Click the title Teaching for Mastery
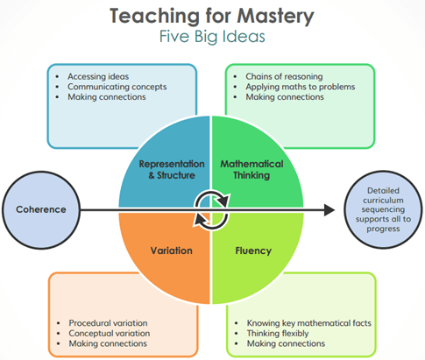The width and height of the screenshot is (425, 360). tap(212, 17)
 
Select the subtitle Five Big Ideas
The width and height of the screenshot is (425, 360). tap(212, 37)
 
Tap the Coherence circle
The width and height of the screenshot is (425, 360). tap(41, 210)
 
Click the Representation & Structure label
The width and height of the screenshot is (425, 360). tap(172, 170)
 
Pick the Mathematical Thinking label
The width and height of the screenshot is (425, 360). tap(251, 170)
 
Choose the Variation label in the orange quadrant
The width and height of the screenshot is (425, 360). tap(172, 251)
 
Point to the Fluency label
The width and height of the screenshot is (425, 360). tap(253, 251)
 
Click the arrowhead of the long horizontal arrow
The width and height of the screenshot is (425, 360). tap(329, 210)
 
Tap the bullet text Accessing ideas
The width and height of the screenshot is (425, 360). tap(98, 76)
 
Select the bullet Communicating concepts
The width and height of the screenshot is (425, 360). tap(117, 87)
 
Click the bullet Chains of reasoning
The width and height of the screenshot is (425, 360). tap(284, 76)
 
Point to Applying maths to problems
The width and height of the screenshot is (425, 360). tap(301, 87)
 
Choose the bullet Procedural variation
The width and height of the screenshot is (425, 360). tap(108, 323)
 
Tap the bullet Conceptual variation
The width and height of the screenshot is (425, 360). tap(110, 333)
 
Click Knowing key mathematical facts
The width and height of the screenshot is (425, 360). tap(309, 323)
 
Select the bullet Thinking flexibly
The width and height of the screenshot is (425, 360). tap(278, 333)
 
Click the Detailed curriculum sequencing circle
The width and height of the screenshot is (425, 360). tap(383, 209)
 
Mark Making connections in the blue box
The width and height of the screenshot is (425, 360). tap(107, 97)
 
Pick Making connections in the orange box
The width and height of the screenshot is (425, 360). tap(108, 343)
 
